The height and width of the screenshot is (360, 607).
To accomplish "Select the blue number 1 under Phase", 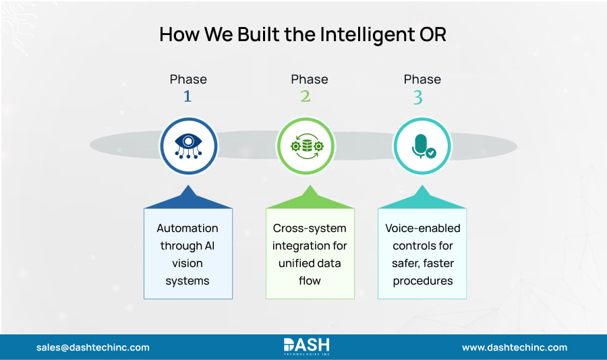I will [187, 97].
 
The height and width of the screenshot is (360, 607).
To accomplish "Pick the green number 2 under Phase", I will [306, 97].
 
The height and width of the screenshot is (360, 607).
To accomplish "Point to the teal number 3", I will [418, 98].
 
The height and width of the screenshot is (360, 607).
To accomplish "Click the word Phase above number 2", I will [310, 80].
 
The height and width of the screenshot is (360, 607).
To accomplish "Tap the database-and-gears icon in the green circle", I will [306, 146].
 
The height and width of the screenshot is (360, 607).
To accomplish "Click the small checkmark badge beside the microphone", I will [431, 153].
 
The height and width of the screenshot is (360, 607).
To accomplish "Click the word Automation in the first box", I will [187, 228].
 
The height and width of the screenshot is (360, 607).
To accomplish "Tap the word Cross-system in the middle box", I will [310, 228].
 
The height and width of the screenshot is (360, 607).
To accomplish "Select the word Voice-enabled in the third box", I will [422, 228].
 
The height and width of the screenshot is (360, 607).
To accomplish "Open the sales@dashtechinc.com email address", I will [93, 347].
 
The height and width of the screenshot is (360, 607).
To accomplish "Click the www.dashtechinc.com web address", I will [514, 347].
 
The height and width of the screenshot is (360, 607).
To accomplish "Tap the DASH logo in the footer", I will [306, 347].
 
